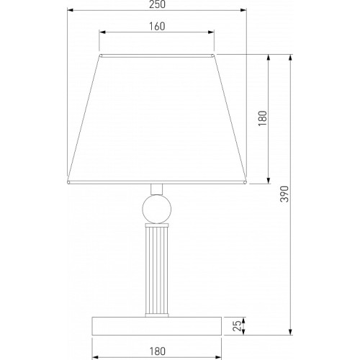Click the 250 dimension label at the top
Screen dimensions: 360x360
(x=157, y=4)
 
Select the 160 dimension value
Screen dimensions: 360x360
(x=157, y=27)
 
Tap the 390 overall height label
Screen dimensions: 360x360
(x=284, y=194)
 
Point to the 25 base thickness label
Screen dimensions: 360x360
(x=237, y=326)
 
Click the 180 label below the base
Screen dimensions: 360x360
(x=158, y=351)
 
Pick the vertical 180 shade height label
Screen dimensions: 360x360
(x=262, y=118)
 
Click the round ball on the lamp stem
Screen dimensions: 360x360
(x=157, y=209)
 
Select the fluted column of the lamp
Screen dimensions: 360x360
(x=157, y=270)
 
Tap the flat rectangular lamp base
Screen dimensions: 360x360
(x=157, y=326)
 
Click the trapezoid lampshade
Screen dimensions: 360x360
(x=157, y=120)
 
